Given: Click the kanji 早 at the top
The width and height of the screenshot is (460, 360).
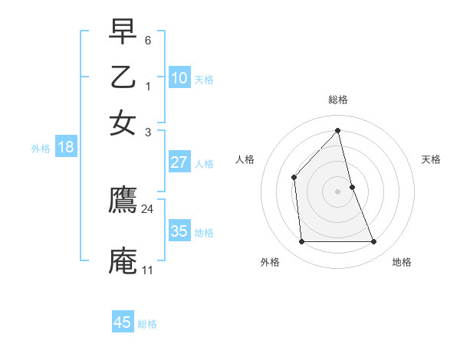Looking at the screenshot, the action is (x=123, y=31).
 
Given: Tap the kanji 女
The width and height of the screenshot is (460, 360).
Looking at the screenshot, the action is (x=123, y=122).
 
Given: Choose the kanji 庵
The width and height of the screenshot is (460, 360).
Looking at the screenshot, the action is (x=123, y=260).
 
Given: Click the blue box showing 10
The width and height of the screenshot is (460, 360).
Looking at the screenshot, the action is (x=179, y=78).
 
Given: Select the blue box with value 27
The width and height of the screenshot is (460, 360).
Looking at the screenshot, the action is (x=179, y=162).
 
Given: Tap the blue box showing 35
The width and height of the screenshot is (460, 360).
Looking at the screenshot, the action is (x=179, y=231).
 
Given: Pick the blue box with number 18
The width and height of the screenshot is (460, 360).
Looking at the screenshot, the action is (x=66, y=147).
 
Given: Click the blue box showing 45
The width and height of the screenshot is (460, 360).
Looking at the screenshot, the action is (x=123, y=322).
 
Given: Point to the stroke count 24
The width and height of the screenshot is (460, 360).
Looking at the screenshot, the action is (x=148, y=208).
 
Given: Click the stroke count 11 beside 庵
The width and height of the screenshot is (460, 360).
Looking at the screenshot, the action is (x=147, y=270).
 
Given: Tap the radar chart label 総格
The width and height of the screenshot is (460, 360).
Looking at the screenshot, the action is (x=338, y=100).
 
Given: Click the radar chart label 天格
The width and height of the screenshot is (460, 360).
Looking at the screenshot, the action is (x=432, y=159).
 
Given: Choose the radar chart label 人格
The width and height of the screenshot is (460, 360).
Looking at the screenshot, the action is (x=245, y=159).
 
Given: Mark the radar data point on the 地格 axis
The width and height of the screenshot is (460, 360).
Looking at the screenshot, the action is (x=374, y=242).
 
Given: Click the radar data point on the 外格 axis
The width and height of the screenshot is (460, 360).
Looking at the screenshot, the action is (x=301, y=242).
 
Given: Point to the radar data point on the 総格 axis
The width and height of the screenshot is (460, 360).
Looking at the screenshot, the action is (x=338, y=130).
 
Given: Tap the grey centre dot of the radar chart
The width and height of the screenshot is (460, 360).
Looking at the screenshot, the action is (x=338, y=191).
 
